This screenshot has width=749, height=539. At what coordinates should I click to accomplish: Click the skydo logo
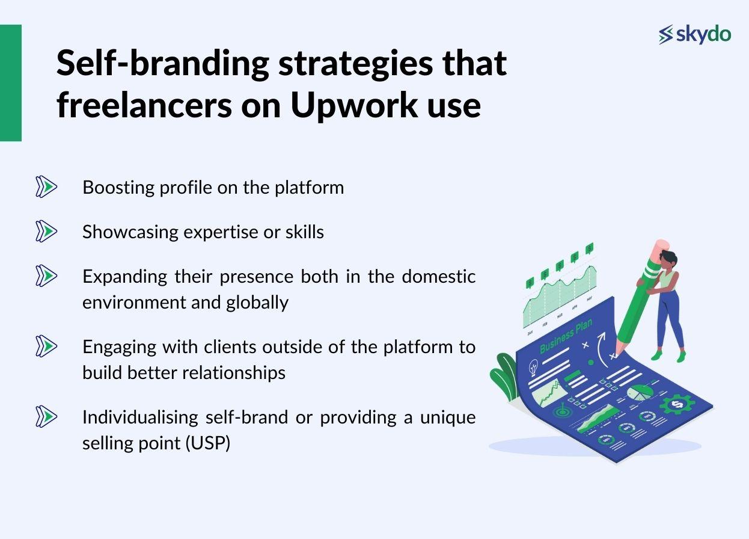pos(694,34)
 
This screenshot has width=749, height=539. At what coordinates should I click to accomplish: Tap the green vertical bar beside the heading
pos(10,83)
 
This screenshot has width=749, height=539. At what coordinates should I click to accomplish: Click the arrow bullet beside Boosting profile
pos(46,187)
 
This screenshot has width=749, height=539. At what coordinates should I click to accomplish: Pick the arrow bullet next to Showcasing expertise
pos(46,231)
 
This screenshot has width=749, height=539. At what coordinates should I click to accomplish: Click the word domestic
pos(438,276)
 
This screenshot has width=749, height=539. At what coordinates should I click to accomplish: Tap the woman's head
pos(668,259)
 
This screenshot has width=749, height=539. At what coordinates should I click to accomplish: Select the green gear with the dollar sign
pos(677,405)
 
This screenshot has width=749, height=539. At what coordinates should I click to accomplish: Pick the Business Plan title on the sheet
pos(566,337)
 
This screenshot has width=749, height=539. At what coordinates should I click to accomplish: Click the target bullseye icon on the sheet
pos(563,413)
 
